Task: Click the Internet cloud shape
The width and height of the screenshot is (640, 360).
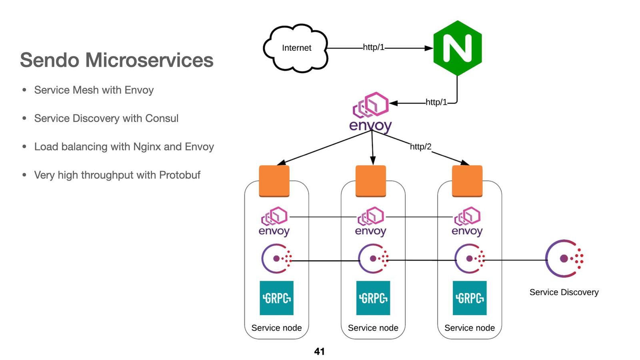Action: click(296, 48)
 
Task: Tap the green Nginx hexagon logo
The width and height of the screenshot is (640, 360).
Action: click(458, 48)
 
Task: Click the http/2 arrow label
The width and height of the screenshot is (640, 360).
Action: click(420, 147)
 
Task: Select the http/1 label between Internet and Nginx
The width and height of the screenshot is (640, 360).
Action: click(373, 47)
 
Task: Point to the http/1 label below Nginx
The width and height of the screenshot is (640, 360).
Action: click(436, 102)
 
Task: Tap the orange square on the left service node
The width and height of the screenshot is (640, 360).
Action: click(274, 181)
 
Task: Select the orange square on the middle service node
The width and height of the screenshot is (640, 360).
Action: click(371, 181)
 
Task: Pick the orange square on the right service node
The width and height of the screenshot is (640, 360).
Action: click(467, 181)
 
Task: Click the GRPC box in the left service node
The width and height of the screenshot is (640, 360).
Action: click(276, 298)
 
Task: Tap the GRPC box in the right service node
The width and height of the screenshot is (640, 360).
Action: click(470, 298)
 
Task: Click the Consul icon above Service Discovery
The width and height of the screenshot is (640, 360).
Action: click(564, 259)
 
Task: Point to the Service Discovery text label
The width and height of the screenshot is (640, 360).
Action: click(564, 292)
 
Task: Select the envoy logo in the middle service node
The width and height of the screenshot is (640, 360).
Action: click(371, 222)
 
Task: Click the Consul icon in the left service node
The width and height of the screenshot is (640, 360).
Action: click(276, 259)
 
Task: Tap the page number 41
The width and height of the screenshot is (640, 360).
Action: click(319, 352)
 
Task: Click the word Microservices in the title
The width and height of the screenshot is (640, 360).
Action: click(149, 60)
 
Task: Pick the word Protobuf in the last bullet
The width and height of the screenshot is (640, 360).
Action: click(180, 175)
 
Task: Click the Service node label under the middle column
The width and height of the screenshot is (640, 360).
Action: click(373, 328)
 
